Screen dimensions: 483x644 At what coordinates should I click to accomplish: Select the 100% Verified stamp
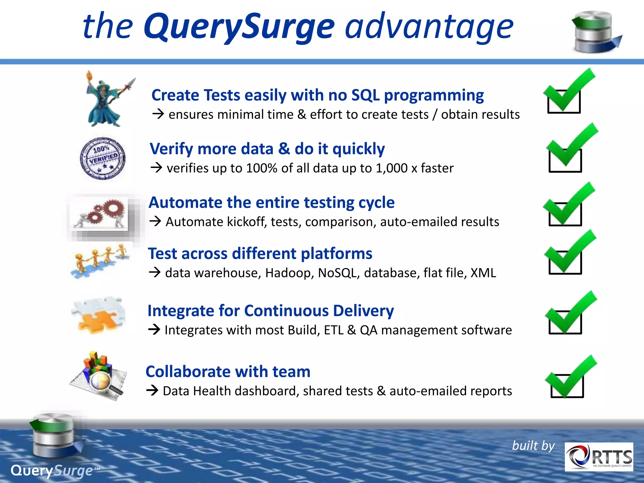coord(103,158)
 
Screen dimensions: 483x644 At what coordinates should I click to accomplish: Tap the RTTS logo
coord(599,457)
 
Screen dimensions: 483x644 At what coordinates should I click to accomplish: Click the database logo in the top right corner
coord(594,31)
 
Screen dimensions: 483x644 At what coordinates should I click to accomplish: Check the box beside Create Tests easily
coord(564,101)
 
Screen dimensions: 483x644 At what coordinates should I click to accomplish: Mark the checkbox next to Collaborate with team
coord(567,386)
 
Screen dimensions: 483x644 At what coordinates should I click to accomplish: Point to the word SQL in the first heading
coord(365,95)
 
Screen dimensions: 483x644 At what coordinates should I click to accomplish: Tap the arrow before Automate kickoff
coord(155,221)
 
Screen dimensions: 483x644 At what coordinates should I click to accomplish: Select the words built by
coord(533,446)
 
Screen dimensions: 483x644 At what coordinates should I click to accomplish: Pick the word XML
coord(483,273)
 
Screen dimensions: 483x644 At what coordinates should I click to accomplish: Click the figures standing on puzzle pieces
coord(99,261)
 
